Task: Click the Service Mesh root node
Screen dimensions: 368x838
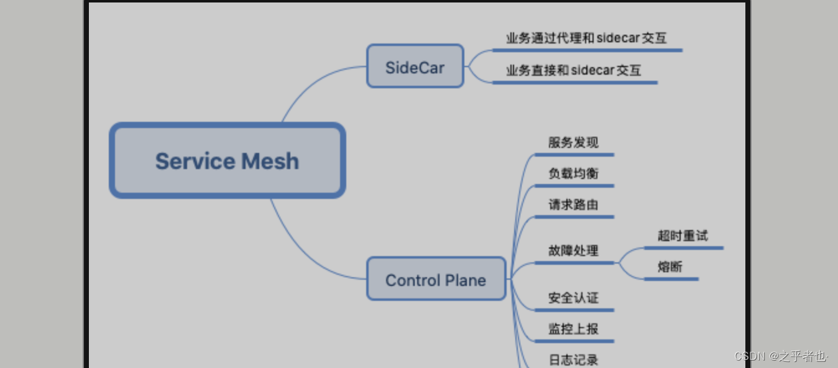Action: (x=227, y=161)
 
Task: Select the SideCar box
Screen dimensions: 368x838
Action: (x=415, y=67)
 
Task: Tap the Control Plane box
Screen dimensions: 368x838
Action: (x=436, y=279)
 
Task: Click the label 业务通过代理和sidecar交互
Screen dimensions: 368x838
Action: (x=586, y=39)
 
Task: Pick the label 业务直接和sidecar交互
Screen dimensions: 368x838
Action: (x=573, y=70)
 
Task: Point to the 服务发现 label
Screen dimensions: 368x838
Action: (x=573, y=143)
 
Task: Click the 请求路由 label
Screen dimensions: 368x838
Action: (x=573, y=205)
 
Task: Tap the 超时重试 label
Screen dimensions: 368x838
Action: (x=683, y=236)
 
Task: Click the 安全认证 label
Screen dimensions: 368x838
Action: (x=573, y=298)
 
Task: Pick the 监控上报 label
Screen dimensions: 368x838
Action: (x=573, y=329)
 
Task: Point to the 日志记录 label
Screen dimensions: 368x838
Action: (x=573, y=360)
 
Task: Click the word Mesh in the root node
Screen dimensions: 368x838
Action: (x=270, y=162)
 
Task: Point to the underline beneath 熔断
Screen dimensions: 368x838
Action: (x=671, y=279)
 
